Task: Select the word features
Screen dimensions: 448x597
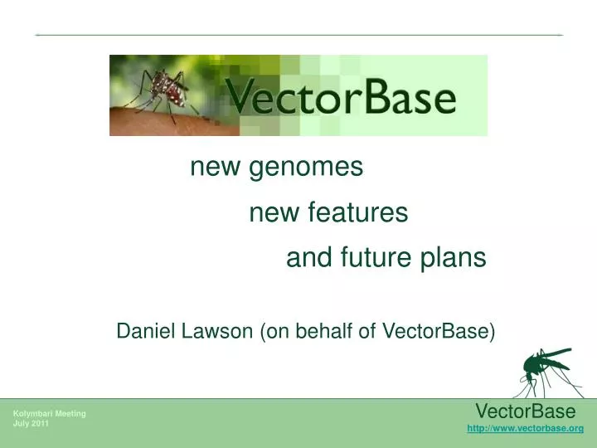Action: [x=358, y=214]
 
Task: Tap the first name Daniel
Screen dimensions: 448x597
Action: [x=143, y=331]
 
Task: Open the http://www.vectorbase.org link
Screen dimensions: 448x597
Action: [x=526, y=428]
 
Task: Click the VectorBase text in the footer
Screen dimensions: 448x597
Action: [x=525, y=411]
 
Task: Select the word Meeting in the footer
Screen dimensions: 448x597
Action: [x=71, y=413]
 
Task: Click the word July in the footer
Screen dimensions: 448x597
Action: [x=21, y=423]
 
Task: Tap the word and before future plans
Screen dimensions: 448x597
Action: [x=304, y=259]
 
